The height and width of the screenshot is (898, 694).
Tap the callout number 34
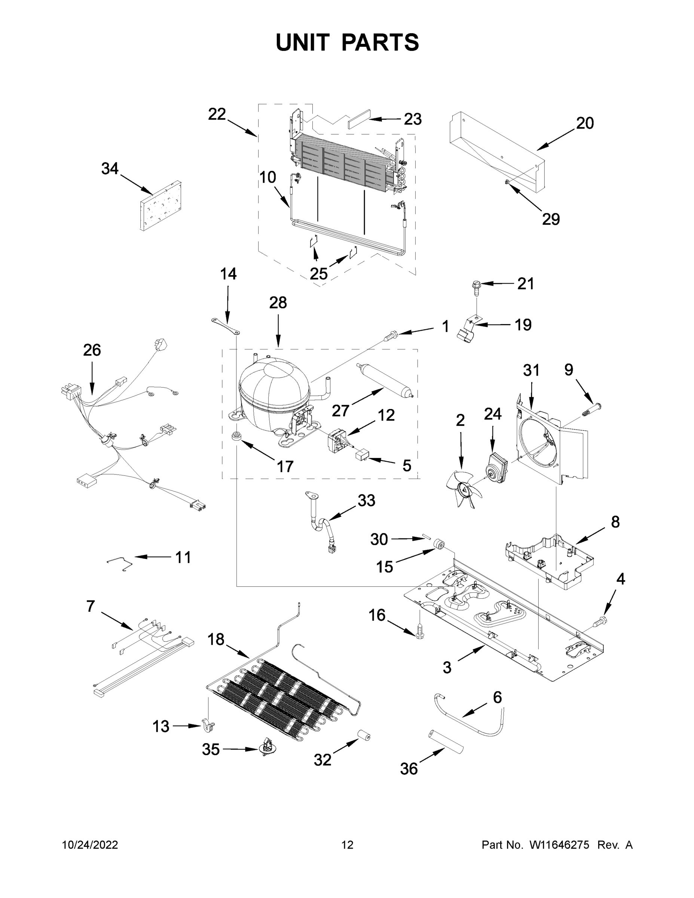[110, 169]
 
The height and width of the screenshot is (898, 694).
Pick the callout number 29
[551, 219]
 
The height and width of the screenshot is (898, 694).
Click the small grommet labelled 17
[236, 436]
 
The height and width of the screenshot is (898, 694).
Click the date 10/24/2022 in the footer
[90, 845]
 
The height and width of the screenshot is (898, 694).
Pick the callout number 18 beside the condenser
[216, 639]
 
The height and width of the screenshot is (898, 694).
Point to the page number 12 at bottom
[348, 845]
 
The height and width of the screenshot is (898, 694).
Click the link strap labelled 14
[226, 324]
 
